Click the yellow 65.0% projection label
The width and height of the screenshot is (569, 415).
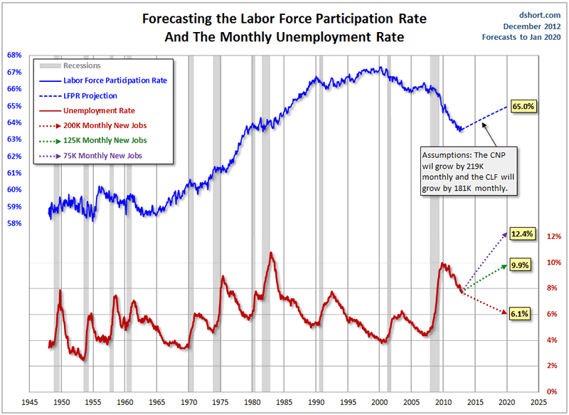(x=523, y=106)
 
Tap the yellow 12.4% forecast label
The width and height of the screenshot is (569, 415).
(x=521, y=233)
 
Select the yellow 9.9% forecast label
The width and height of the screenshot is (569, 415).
(x=521, y=266)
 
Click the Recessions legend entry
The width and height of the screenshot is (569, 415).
(x=83, y=65)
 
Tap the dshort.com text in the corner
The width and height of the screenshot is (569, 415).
(x=541, y=15)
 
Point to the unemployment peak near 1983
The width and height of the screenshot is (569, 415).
(x=271, y=253)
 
